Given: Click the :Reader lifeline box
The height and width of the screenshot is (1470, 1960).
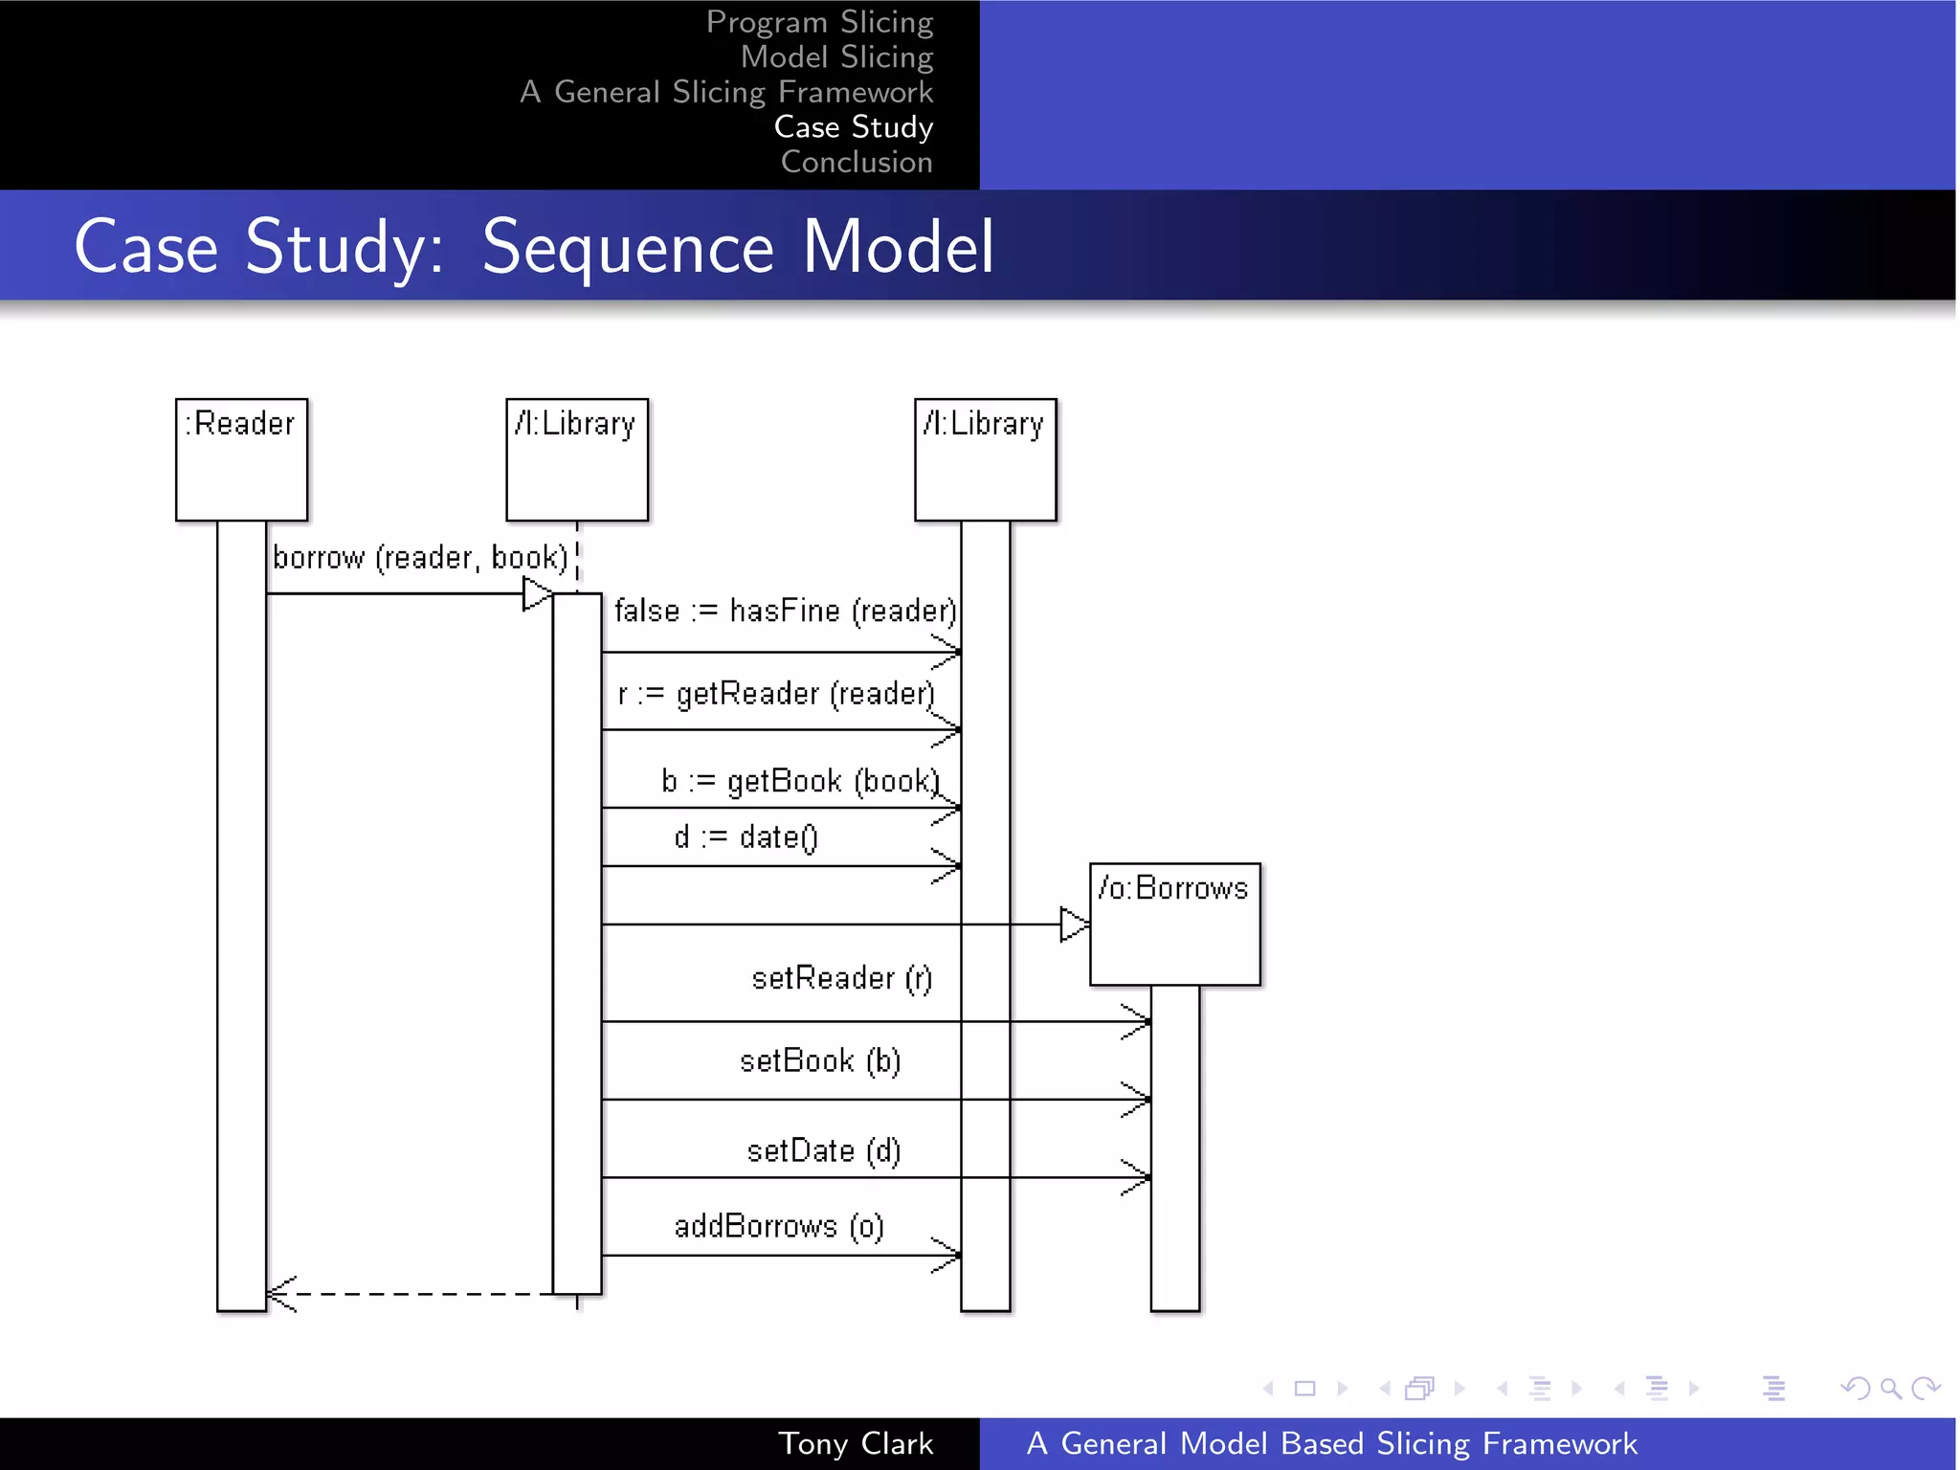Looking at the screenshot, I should click(241, 459).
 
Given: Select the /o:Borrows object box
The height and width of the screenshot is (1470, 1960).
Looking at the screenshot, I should click(1174, 924).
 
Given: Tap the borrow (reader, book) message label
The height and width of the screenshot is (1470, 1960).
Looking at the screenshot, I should click(420, 557).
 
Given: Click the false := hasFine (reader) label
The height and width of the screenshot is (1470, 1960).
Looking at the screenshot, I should click(785, 611).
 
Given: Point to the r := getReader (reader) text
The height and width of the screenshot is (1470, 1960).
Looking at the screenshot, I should click(775, 694).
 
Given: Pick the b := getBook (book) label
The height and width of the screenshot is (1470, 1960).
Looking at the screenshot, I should click(800, 781).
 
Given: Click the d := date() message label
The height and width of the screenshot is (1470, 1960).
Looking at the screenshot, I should click(746, 837).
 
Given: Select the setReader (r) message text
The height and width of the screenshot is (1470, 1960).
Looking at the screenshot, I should click(841, 978).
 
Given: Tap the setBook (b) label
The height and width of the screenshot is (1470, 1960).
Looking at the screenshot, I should click(820, 1061).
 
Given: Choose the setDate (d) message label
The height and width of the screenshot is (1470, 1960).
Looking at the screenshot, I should click(823, 1150).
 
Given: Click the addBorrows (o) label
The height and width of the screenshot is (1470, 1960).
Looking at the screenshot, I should click(778, 1226).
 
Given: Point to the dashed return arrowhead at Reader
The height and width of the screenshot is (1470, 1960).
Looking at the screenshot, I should click(279, 1294).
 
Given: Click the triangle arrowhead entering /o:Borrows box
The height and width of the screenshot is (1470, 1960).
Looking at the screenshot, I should click(1074, 924).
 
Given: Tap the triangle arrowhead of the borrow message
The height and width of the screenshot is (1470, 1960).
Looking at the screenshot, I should click(536, 594).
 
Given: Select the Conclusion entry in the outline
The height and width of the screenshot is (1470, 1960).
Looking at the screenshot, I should click(856, 162).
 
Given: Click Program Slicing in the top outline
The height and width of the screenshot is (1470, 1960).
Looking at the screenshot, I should click(819, 21).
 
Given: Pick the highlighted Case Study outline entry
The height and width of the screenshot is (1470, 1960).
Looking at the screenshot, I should click(853, 126).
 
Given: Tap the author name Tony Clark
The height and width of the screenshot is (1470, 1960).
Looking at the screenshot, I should click(855, 1443).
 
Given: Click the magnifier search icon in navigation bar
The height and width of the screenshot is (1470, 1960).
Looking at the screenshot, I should click(1889, 1388).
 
